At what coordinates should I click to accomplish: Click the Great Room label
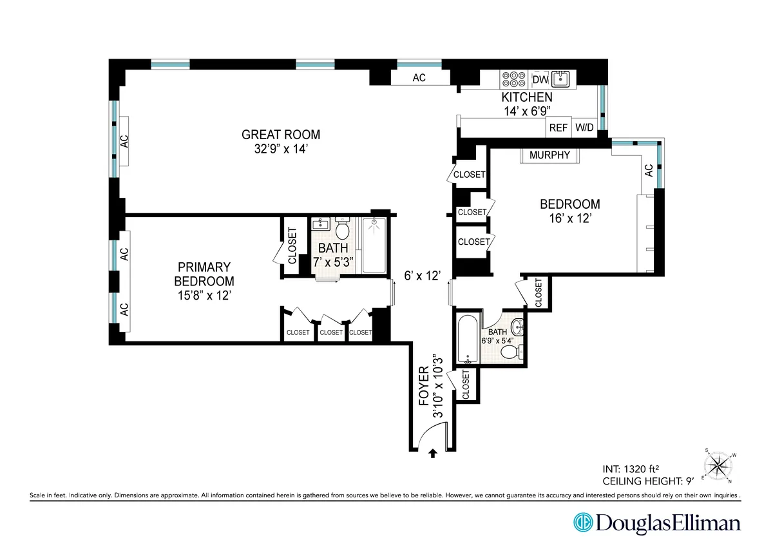[280, 135]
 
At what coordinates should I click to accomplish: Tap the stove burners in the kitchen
[514, 79]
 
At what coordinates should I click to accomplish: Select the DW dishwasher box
[540, 79]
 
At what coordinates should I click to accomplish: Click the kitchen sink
[563, 79]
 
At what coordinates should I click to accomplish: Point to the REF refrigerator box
[558, 128]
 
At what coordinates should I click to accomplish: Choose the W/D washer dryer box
[584, 128]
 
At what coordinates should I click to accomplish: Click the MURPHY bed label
[549, 155]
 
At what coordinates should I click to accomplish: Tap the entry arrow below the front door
[432, 454]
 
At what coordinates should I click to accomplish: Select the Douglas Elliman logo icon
[583, 522]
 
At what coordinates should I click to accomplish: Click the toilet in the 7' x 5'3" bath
[342, 229]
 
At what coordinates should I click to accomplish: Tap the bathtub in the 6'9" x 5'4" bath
[464, 338]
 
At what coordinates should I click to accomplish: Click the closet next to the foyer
[466, 385]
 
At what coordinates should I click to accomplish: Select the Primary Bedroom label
[204, 274]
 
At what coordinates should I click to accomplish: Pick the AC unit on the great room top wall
[419, 77]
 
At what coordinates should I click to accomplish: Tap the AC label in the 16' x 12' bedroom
[648, 171]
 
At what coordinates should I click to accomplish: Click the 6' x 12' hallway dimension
[422, 276]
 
